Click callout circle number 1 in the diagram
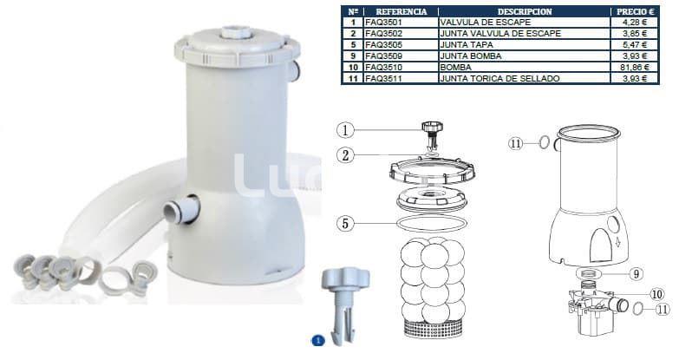click(x=346, y=131)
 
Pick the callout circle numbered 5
click(x=346, y=223)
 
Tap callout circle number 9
click(x=636, y=273)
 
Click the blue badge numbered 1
click(x=317, y=341)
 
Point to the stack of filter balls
click(x=433, y=278)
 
